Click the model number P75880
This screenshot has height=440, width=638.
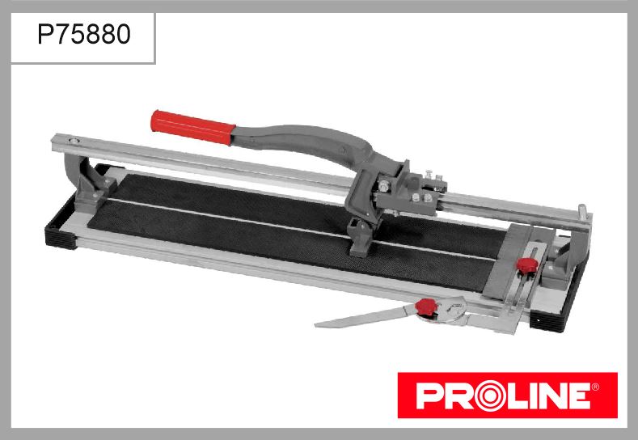click(84, 34)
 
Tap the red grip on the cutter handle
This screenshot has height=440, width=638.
click(192, 127)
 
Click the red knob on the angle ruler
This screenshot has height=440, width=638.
click(425, 307)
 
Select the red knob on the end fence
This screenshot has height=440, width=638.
click(527, 265)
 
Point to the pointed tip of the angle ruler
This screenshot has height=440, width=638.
click(316, 325)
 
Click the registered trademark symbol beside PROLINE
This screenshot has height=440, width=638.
click(595, 387)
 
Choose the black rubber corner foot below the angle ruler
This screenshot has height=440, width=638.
click(547, 321)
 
